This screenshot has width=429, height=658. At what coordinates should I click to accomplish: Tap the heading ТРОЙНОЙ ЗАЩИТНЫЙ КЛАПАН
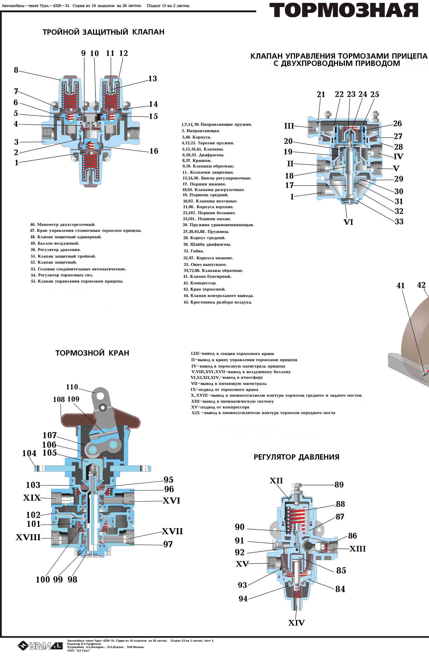coord(104,32)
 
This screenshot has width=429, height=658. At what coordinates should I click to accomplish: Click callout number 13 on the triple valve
coord(152,79)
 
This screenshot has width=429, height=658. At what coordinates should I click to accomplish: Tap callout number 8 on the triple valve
coord(16,70)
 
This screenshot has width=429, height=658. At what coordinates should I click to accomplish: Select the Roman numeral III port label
coord(289,126)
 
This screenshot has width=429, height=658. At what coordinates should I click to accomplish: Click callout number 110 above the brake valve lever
coord(72,387)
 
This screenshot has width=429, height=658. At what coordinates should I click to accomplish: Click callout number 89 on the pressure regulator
coord(339,485)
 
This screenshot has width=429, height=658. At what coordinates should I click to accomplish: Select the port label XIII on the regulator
coord(357,549)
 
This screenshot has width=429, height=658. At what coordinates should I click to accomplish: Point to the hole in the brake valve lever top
coord(101,396)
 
